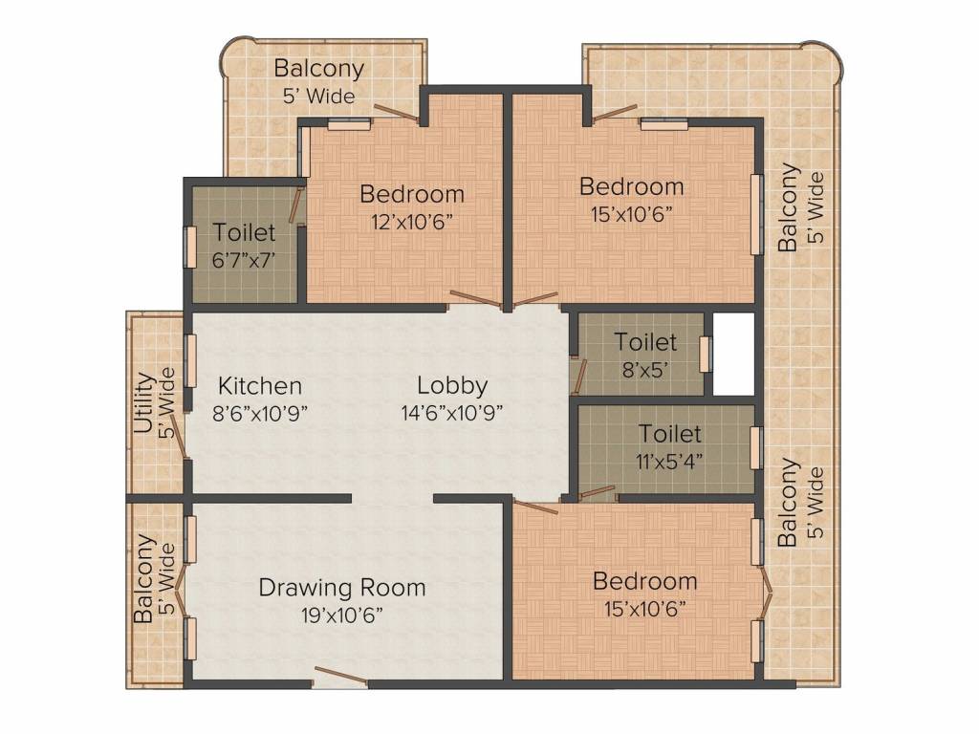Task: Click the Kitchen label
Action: (260, 386)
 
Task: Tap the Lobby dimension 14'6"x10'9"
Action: (452, 413)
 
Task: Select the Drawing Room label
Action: (342, 588)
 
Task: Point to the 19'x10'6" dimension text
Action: (342, 615)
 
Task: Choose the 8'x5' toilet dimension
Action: (645, 370)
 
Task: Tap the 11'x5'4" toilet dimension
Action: (669, 462)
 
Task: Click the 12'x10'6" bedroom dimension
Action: (411, 222)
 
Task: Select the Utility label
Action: (144, 403)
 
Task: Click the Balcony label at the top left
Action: (318, 68)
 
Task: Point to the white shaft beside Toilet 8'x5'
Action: (733, 354)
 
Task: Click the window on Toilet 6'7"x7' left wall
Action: (190, 248)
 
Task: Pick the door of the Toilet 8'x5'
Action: (579, 377)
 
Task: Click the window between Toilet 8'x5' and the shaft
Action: (706, 354)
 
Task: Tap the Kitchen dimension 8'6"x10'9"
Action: (260, 413)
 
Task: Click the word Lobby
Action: (452, 386)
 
